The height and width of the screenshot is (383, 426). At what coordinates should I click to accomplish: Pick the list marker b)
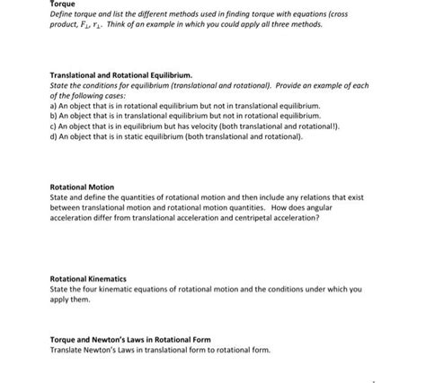[x=55, y=117]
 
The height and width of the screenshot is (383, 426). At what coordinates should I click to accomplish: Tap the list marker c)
[x=55, y=127]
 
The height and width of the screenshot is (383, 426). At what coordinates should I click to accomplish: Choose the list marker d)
[x=55, y=138]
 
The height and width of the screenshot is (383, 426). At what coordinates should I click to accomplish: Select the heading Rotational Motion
[x=82, y=187]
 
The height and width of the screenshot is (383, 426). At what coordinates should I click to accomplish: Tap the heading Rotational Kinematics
[x=88, y=279]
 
